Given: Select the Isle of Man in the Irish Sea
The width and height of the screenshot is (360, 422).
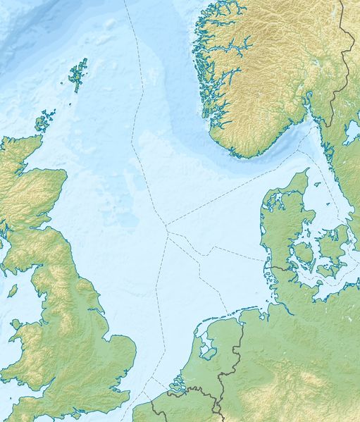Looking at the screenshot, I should [13, 289].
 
